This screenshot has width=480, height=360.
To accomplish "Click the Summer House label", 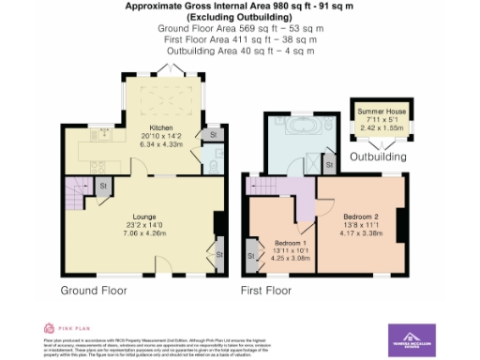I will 377,112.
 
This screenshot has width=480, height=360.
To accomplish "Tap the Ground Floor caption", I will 95,291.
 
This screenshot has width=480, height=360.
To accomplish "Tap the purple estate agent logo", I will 412,338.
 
